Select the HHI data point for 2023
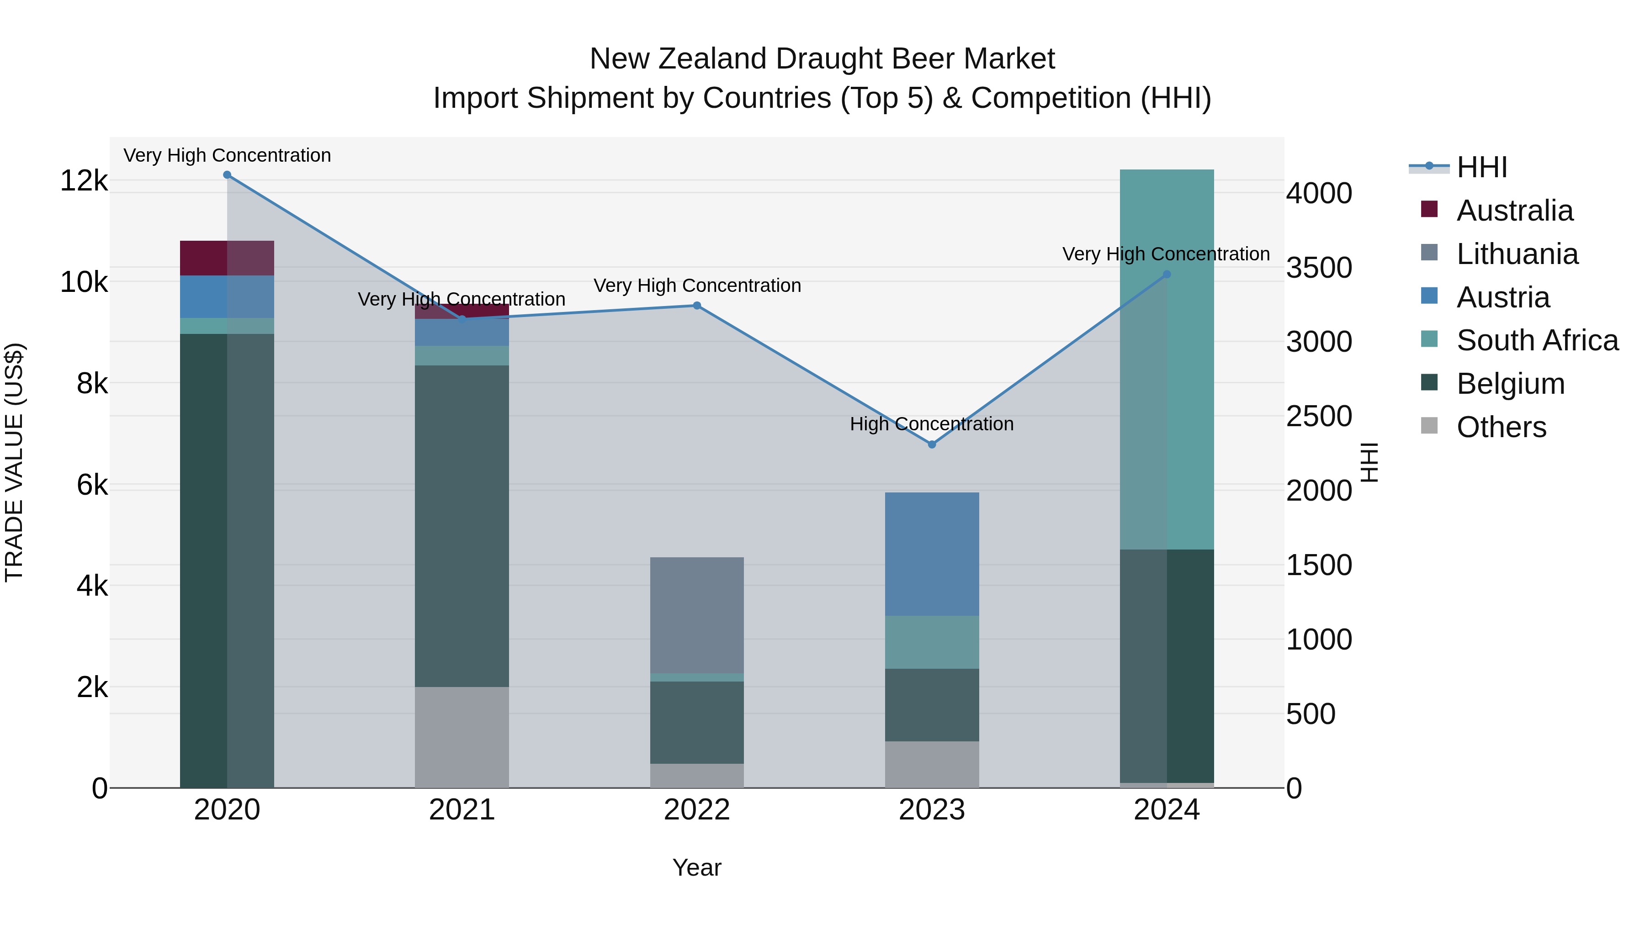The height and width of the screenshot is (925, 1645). pyautogui.click(x=932, y=444)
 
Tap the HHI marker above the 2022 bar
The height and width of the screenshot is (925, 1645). pyautogui.click(x=697, y=306)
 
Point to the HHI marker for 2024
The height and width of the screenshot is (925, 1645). pyautogui.click(x=1167, y=275)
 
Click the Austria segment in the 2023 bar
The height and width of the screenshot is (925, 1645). pyautogui.click(x=932, y=554)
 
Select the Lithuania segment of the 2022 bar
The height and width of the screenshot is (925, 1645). pyautogui.click(x=697, y=615)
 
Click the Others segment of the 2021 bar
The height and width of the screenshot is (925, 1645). pyautogui.click(x=462, y=737)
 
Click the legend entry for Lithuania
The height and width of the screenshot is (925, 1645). pyautogui.click(x=1517, y=254)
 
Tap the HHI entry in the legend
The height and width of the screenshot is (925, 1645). pyautogui.click(x=1481, y=167)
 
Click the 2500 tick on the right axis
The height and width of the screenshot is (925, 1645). pyautogui.click(x=1319, y=416)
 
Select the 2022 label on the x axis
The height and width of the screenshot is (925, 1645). pyautogui.click(x=697, y=810)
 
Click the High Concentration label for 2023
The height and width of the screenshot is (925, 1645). pyautogui.click(x=931, y=424)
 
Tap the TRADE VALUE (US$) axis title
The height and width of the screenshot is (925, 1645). pyautogui.click(x=14, y=462)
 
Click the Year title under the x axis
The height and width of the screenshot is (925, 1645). pyautogui.click(x=697, y=867)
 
